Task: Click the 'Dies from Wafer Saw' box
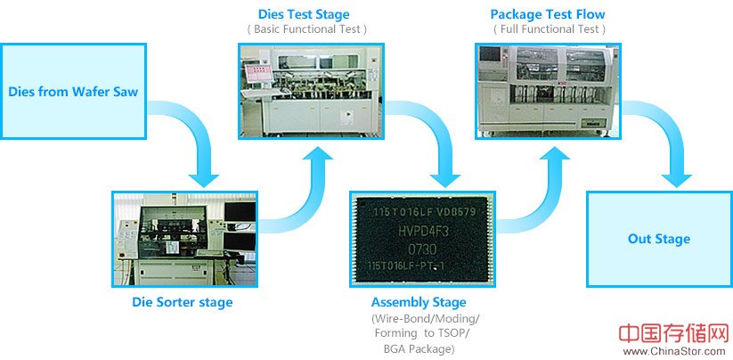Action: (73, 91)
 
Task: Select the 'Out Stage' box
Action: (658, 239)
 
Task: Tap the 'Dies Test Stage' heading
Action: (303, 14)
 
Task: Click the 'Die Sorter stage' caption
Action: (182, 302)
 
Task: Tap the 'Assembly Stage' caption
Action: (419, 302)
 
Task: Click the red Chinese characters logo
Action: (673, 333)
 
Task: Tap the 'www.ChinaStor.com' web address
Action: (675, 351)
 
